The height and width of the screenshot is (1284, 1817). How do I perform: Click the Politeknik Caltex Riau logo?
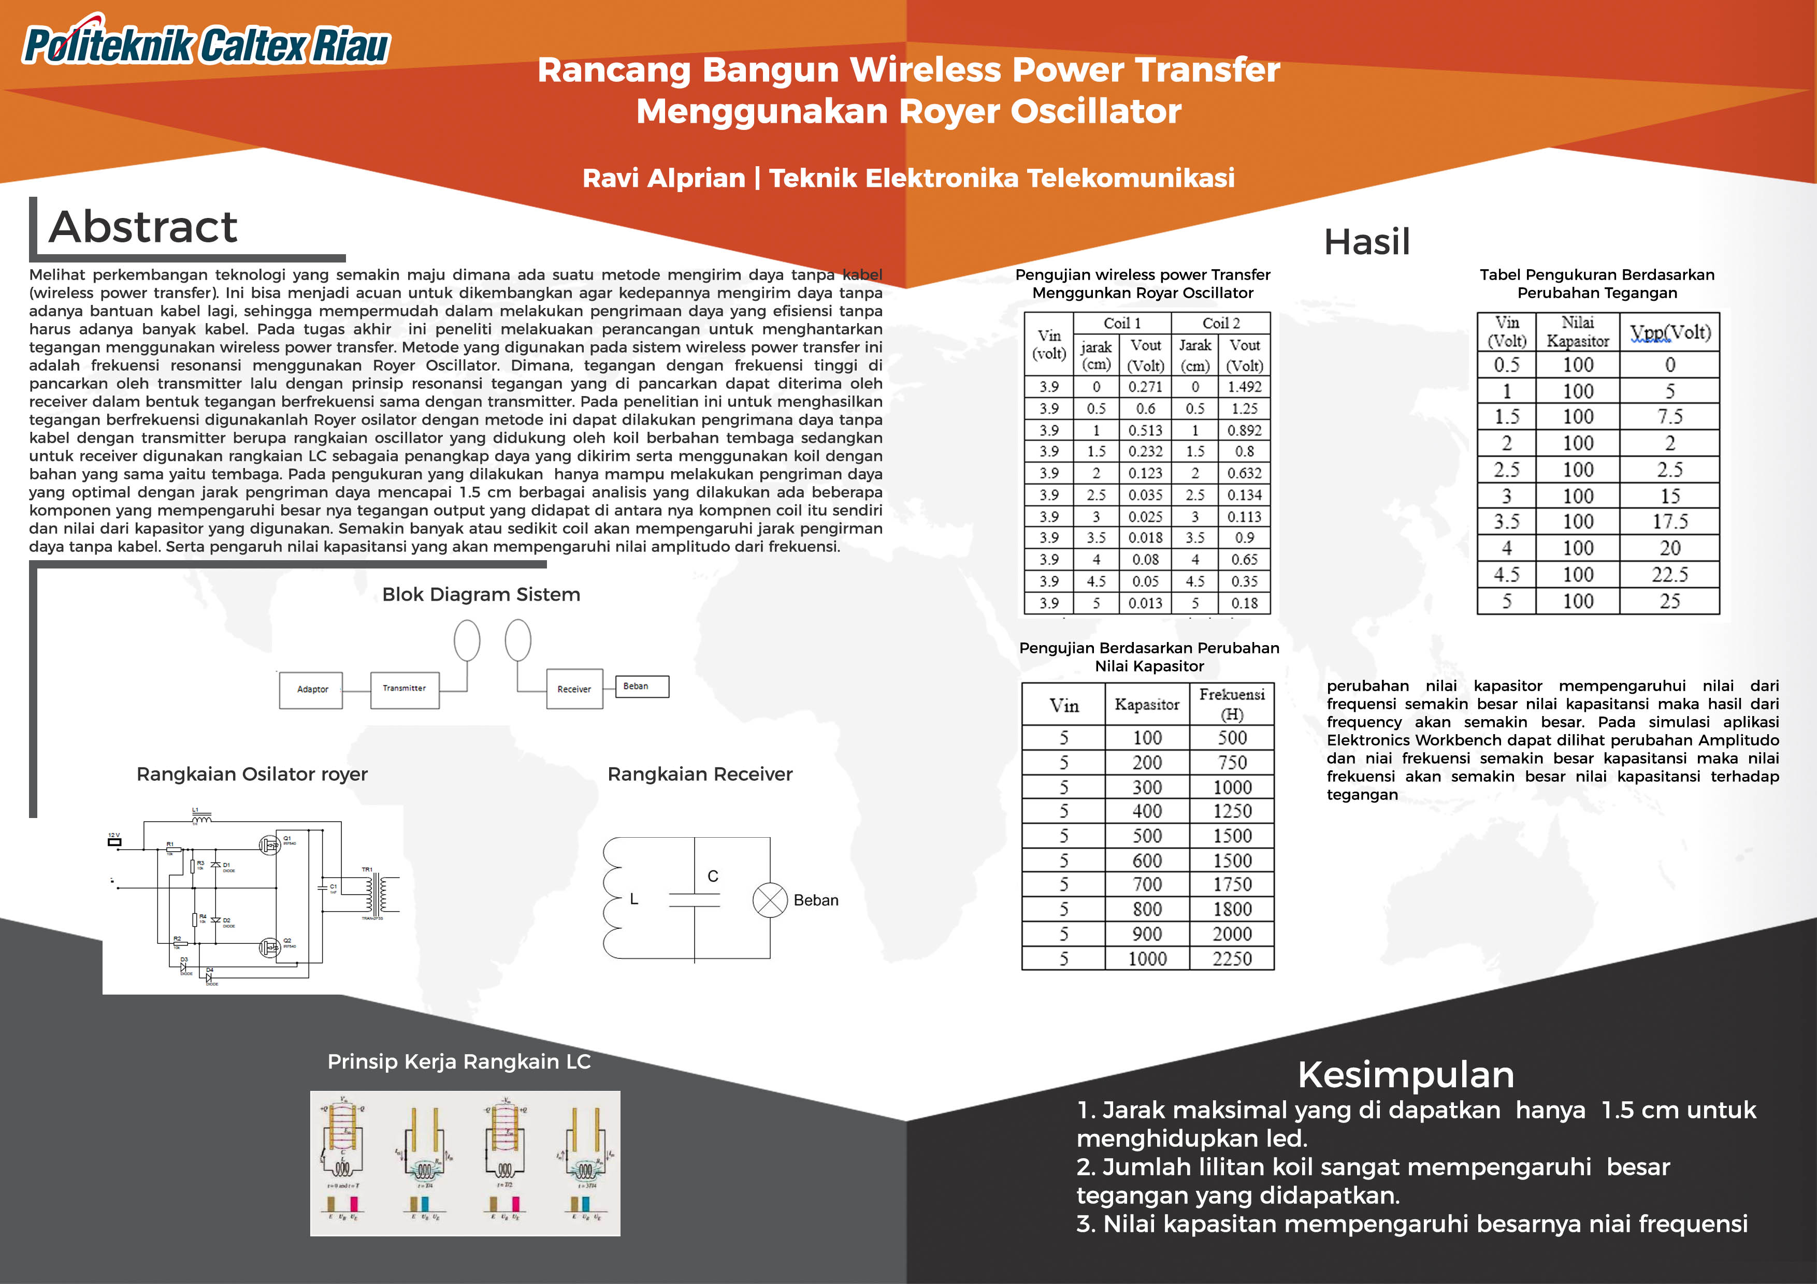[x=206, y=43]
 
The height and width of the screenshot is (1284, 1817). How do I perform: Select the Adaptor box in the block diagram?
[x=312, y=690]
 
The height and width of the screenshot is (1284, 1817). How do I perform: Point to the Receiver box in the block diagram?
[x=574, y=689]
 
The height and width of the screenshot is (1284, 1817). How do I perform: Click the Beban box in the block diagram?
[x=641, y=687]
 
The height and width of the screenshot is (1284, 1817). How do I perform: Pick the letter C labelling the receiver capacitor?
[x=713, y=877]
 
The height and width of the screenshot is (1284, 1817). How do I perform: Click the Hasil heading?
[x=1367, y=242]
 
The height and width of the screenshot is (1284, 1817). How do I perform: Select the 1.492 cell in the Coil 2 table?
[x=1244, y=387]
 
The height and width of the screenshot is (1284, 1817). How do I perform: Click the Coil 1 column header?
[x=1122, y=323]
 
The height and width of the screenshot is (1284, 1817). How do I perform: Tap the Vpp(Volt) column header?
[x=1670, y=333]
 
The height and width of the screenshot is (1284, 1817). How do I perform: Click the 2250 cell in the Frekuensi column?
[x=1232, y=959]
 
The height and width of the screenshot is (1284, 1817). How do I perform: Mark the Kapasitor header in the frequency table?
[x=1147, y=704]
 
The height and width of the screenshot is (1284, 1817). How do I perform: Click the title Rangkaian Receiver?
[x=700, y=775]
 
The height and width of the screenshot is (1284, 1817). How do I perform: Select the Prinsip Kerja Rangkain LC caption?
[x=459, y=1062]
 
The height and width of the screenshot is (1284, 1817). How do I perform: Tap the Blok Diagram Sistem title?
[x=481, y=595]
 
